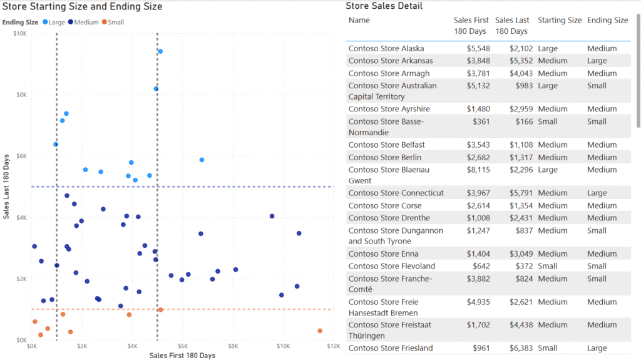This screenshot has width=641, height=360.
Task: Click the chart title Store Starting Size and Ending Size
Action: tap(83, 7)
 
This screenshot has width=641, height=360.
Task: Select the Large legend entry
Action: tap(61, 22)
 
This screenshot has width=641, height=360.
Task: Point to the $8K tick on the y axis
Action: tap(20, 95)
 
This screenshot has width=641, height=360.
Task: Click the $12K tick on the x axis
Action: tap(333, 346)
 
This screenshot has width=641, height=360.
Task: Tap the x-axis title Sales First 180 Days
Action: tap(182, 356)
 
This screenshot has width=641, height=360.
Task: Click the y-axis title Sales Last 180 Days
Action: tap(6, 186)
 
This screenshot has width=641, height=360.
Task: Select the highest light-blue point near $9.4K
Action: tap(160, 51)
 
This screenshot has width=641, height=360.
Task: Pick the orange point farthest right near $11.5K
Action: tap(320, 331)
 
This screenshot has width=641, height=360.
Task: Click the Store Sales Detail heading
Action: tap(384, 6)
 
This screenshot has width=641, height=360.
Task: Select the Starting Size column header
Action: tap(560, 20)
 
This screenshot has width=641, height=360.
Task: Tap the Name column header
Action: tap(359, 20)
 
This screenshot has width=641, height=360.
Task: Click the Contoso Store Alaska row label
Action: tap(386, 48)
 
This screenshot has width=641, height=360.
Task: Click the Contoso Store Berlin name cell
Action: tap(385, 157)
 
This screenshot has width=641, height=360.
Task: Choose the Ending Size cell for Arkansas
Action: tap(597, 61)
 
